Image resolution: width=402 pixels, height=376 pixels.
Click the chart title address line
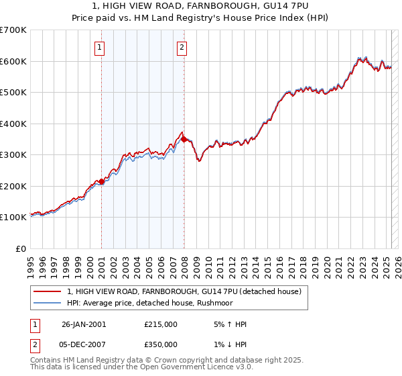point(201,7)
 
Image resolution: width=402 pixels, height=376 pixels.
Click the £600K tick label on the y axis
point(13,61)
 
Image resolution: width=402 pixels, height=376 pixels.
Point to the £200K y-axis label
point(13,186)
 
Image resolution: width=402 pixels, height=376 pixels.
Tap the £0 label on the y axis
point(21,248)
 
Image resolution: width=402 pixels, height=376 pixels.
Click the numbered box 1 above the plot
point(99,47)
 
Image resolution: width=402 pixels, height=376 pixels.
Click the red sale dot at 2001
point(101,181)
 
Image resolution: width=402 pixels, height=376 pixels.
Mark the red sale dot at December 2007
point(184,139)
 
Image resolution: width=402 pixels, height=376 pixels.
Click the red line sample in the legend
point(48,291)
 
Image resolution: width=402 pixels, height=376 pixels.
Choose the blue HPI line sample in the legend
point(48,303)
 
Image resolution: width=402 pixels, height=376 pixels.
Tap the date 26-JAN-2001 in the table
point(84,324)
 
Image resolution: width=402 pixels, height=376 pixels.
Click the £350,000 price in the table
point(161,344)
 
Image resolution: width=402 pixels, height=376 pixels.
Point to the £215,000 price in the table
point(161,324)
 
